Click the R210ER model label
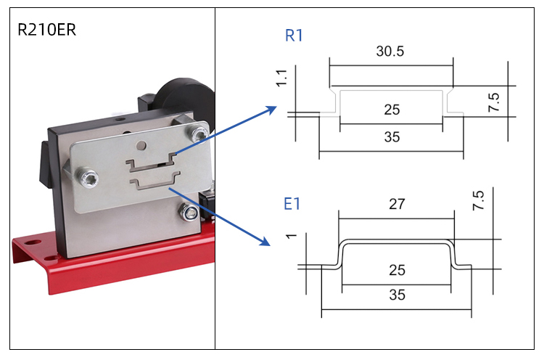47,30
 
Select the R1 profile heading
294,36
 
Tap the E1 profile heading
292,204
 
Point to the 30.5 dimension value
391,52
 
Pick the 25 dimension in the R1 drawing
392,110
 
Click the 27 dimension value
397,205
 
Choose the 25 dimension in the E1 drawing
397,270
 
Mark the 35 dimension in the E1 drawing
397,295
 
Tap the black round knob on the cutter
189,95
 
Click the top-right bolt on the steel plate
198,133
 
